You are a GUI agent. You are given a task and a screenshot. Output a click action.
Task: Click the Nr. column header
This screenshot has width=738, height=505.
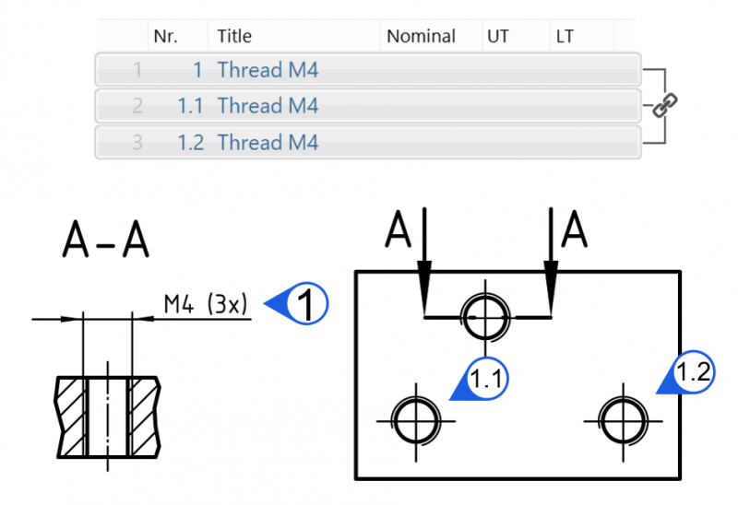click(166, 36)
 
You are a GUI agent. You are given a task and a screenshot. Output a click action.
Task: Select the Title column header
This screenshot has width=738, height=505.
click(234, 36)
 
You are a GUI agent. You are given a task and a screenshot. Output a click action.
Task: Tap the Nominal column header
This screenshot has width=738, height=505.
click(421, 36)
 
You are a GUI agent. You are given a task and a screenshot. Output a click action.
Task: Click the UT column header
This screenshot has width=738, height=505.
click(497, 36)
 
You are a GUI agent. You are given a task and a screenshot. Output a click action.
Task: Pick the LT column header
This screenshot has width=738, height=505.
click(565, 36)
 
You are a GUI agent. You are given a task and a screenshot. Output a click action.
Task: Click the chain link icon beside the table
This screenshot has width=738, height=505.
click(664, 105)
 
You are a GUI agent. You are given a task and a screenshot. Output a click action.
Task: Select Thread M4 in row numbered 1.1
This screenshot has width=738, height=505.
click(268, 105)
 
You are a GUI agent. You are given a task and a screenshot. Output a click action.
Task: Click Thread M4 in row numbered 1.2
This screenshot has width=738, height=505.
click(268, 142)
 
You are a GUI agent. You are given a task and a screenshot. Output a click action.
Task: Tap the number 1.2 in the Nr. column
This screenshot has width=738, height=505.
click(191, 143)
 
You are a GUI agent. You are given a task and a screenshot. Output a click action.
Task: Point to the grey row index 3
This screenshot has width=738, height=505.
click(137, 142)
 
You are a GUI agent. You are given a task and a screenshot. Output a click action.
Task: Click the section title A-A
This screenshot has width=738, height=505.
click(105, 240)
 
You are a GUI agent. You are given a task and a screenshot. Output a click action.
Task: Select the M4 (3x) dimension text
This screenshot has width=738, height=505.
click(205, 304)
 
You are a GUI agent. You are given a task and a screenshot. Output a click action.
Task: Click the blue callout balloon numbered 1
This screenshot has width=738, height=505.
click(296, 304)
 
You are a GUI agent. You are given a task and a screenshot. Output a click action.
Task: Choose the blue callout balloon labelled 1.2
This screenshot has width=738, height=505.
click(687, 372)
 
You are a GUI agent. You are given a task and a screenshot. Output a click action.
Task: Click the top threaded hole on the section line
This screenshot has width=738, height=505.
click(485, 317)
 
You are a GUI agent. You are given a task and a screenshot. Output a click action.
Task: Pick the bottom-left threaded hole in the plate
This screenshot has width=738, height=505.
click(416, 421)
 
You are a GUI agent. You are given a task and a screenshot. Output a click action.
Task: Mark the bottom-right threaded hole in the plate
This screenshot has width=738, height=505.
click(624, 421)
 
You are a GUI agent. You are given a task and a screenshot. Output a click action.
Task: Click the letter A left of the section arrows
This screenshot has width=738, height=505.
click(398, 229)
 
